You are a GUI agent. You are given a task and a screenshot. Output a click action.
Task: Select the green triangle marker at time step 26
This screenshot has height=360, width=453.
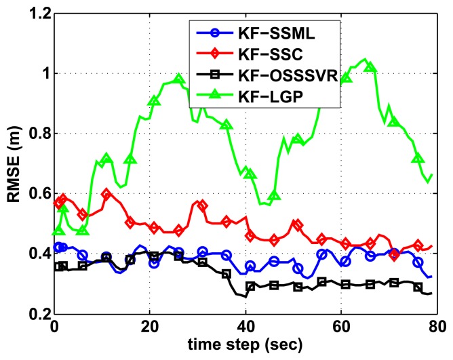[x=179, y=79]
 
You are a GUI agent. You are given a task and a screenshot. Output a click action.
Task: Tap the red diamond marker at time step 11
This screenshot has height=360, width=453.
[x=106, y=194]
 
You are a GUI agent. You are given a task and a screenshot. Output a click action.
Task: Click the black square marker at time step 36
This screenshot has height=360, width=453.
[x=226, y=274]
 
